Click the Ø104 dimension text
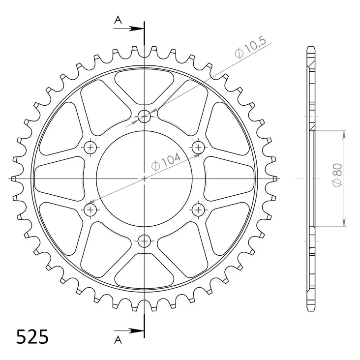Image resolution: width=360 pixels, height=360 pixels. (167, 162)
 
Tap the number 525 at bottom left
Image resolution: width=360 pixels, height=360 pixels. (32, 338)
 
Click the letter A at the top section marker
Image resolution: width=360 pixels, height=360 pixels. (118, 20)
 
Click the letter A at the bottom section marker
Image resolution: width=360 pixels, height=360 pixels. (118, 339)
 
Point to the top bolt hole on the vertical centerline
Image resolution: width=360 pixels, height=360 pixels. (144, 116)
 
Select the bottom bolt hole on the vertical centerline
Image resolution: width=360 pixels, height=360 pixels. (144, 241)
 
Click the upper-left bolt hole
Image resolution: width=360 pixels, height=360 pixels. (90, 147)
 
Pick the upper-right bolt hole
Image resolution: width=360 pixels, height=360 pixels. (199, 147)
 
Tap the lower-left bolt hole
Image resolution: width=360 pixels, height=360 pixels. (90, 210)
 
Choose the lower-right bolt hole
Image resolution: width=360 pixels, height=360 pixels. (199, 210)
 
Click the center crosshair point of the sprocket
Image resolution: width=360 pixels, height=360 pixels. (144, 179)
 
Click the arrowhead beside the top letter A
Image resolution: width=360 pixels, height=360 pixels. (138, 29)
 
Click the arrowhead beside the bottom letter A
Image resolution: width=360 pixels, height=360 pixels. (138, 330)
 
